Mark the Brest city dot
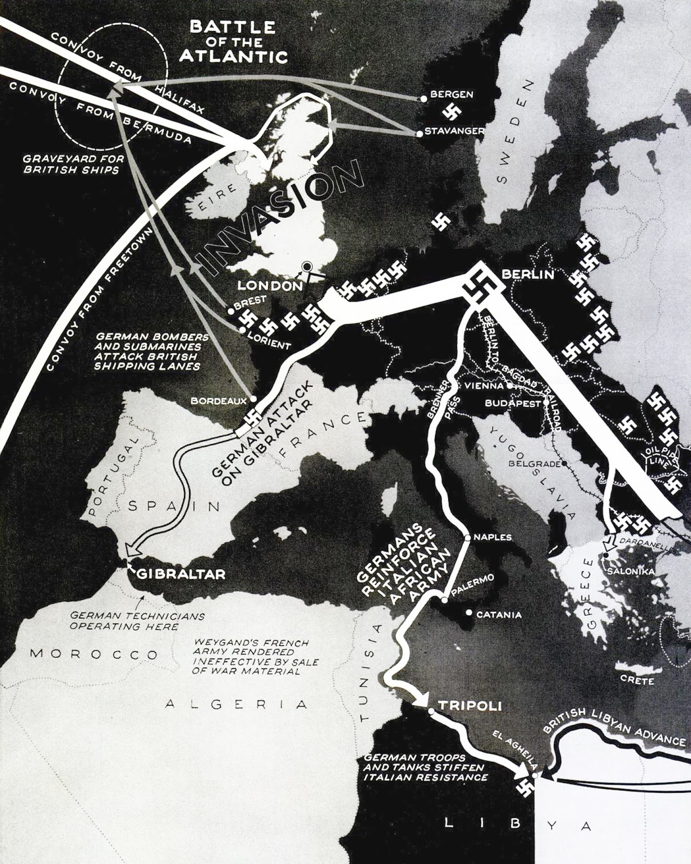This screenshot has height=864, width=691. pyautogui.click(x=230, y=310)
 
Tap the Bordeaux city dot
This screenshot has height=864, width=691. pyautogui.click(x=253, y=400)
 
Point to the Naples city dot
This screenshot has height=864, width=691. pyautogui.click(x=468, y=537)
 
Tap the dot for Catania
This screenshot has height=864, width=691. pyautogui.click(x=469, y=613)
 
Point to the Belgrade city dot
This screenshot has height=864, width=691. pyautogui.click(x=564, y=463)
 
